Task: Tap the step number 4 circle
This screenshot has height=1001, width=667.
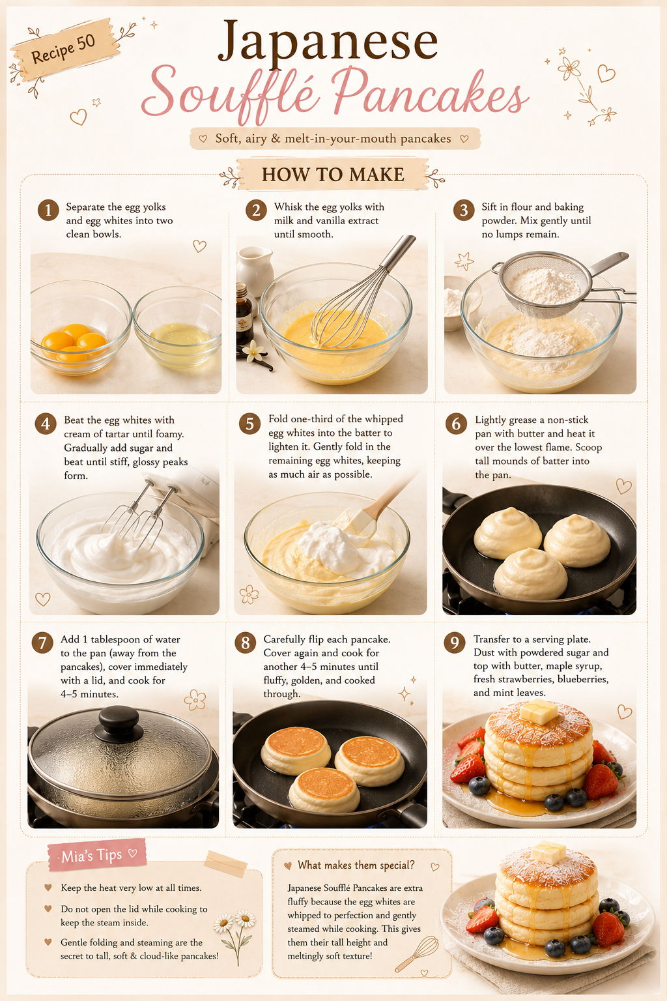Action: pos(46,424)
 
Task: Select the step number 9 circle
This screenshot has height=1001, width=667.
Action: pos(455,643)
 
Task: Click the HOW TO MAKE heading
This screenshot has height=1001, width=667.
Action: pos(333,174)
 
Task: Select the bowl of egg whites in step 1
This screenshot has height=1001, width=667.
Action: pos(178,328)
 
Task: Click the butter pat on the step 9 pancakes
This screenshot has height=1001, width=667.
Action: pos(538,712)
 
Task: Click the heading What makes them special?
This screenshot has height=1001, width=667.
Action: pos(356,865)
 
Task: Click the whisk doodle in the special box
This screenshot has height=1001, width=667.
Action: pos(416,953)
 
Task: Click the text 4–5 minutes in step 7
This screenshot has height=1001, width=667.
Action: pos(89,694)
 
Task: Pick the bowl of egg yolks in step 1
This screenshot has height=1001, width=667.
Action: pos(80,328)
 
